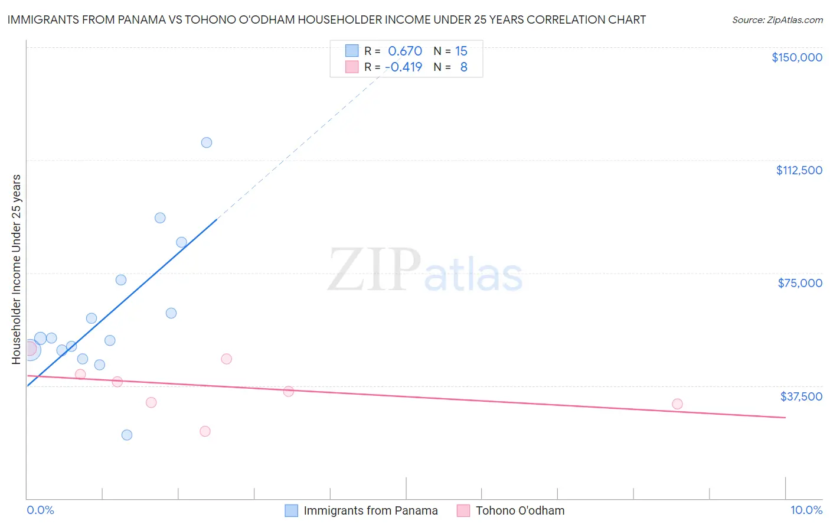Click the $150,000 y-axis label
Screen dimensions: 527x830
pos(796,57)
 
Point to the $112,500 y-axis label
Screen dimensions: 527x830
pos(799,170)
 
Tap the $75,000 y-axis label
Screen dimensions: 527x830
pos(800,283)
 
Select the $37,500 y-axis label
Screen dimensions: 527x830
pos(801,396)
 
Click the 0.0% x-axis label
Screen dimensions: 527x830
pos(40,510)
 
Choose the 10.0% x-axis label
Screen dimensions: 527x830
pos(806,510)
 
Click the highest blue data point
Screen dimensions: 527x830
pos(207,142)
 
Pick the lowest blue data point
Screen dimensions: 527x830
pos(127,435)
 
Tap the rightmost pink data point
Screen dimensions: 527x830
pos(677,404)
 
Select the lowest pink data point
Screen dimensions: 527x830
pos(205,431)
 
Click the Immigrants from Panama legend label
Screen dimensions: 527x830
pos(370,510)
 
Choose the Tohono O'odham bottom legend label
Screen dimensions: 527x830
pos(519,510)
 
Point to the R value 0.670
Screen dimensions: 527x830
pos(404,51)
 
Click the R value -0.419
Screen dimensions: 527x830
pos(403,67)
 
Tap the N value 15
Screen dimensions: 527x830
pos(461,51)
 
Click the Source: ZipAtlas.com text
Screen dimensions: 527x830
pos(777,20)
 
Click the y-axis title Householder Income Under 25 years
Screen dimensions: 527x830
pos(16,269)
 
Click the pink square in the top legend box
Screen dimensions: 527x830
pos(352,67)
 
